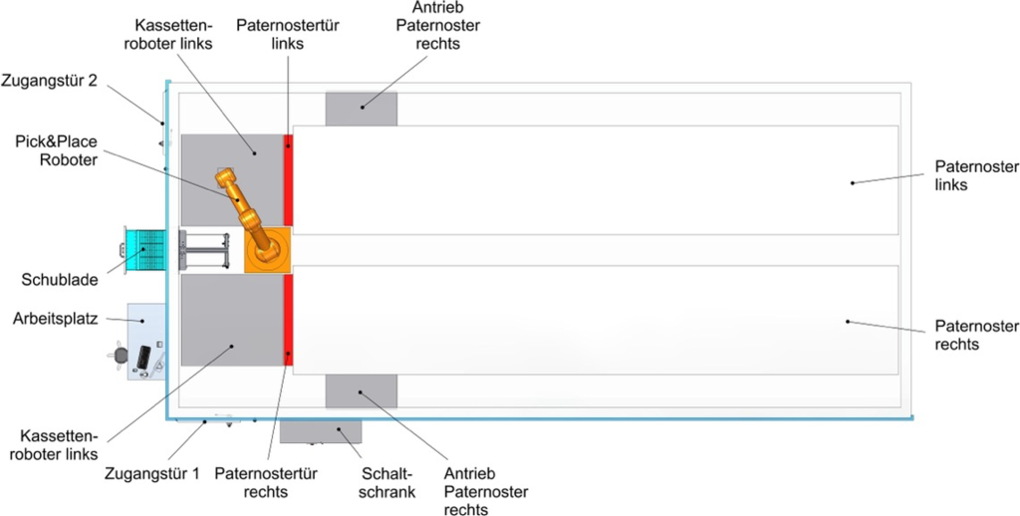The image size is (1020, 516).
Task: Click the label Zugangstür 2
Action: pos(49,81)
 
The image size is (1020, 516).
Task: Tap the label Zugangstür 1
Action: pos(152,473)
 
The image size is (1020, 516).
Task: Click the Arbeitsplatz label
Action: pos(55,319)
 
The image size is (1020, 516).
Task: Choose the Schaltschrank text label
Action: pos(386,481)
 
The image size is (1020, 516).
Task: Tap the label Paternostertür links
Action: pos(287,35)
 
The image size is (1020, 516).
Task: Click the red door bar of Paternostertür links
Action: pos(289,179)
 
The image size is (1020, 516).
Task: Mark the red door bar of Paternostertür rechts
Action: pos(289,320)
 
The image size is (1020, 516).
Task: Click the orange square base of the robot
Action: pos(268,250)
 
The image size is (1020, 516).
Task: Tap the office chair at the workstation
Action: pos(122,355)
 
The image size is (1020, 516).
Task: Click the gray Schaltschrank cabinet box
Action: pos(320,431)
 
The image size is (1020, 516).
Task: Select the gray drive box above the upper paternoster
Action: pos(362,109)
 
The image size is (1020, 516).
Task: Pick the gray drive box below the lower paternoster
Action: pos(362,390)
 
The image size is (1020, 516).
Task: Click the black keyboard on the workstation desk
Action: pos(145,356)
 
